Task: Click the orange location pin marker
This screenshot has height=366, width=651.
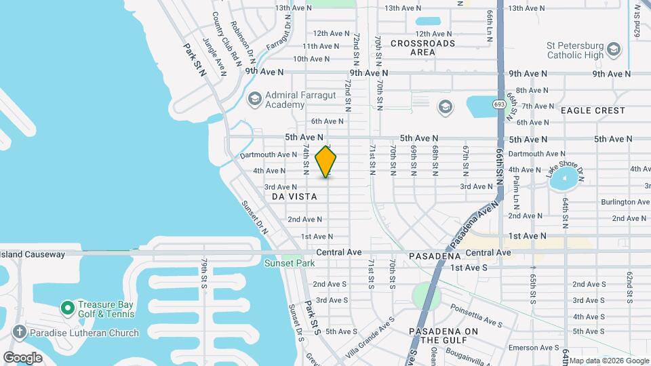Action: (x=326, y=162)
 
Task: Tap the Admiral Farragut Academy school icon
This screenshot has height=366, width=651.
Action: (x=254, y=99)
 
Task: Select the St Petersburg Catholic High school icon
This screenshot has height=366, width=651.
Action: (x=614, y=49)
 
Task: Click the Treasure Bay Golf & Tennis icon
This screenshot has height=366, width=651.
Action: (x=67, y=308)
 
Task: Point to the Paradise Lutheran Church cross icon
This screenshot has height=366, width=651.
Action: (x=20, y=333)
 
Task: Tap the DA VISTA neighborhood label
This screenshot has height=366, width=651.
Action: (x=294, y=196)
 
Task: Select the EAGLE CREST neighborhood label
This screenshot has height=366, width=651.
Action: (x=593, y=110)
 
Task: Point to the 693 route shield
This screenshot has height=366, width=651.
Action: (x=499, y=104)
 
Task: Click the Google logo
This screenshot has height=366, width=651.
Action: (x=22, y=357)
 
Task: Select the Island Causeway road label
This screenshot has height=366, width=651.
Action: (x=33, y=254)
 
